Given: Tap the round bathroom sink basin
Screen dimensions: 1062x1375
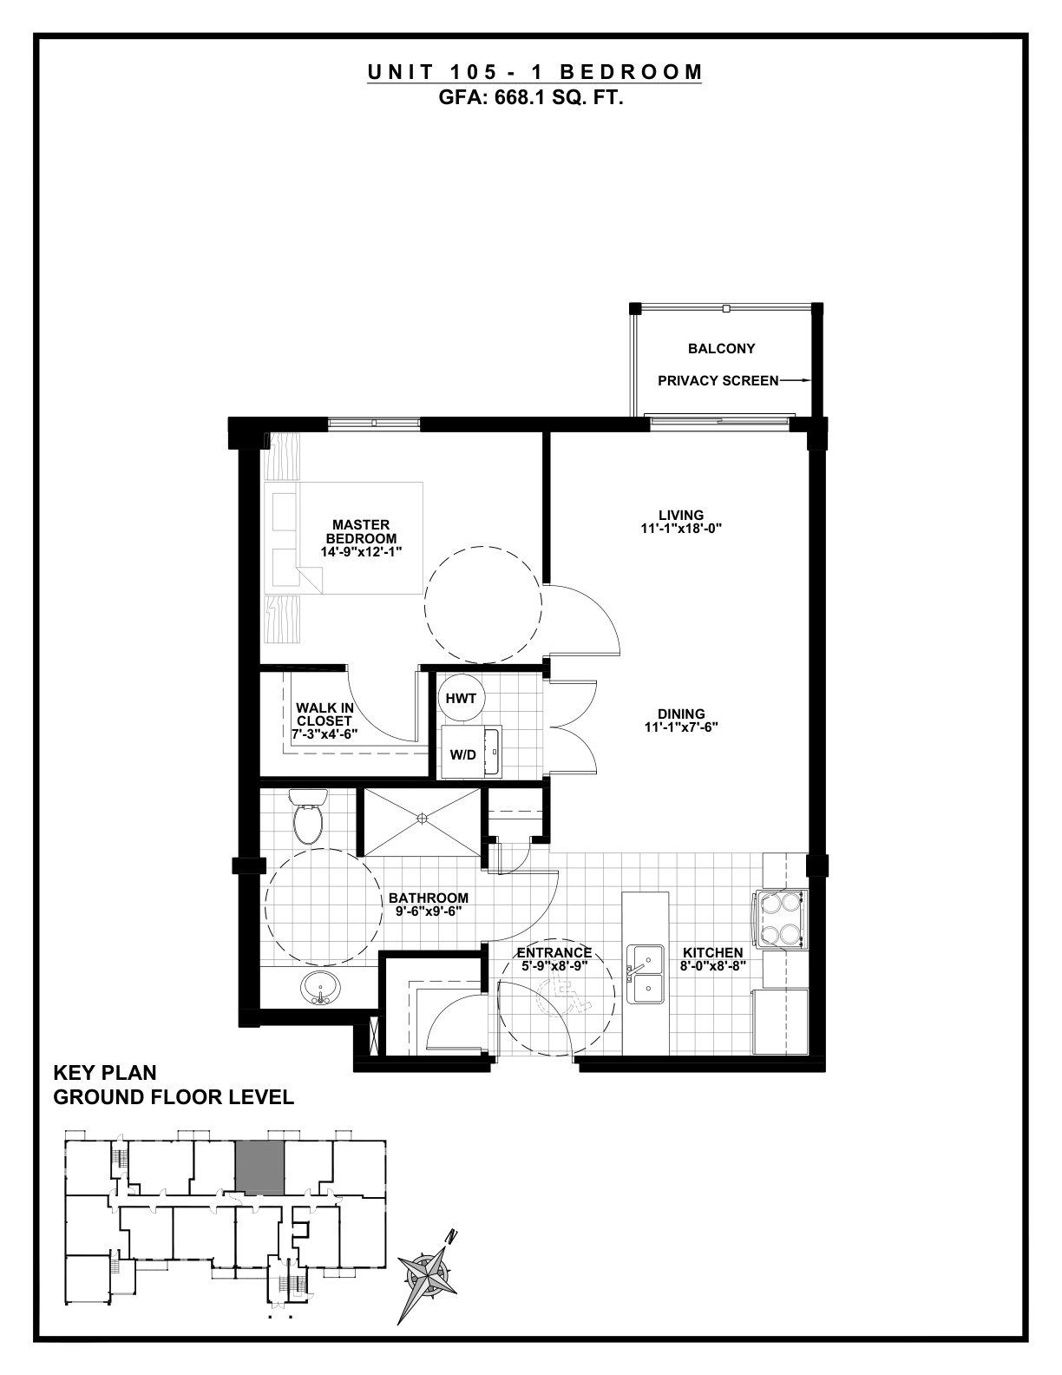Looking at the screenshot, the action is click(321, 989).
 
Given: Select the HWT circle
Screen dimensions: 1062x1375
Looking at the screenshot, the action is click(461, 699).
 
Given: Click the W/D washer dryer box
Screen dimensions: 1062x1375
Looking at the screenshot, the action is click(470, 752).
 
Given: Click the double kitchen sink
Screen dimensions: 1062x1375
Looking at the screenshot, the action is click(646, 975).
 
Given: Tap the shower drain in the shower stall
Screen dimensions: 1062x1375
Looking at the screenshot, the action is click(422, 819).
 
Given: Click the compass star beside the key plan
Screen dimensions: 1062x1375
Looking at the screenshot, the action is click(429, 1273).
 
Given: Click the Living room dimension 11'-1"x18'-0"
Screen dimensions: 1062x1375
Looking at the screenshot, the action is click(681, 529).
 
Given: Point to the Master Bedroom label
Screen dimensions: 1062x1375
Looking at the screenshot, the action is click(361, 531).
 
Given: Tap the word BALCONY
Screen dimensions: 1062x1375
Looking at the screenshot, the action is click(721, 349).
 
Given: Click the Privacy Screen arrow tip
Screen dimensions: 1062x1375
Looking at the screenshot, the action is click(810, 380).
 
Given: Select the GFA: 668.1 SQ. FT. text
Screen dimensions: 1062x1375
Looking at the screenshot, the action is click(531, 98).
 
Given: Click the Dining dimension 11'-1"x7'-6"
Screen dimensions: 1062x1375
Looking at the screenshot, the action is click(681, 727).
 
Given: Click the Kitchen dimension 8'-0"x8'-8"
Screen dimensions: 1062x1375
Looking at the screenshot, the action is click(713, 966).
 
